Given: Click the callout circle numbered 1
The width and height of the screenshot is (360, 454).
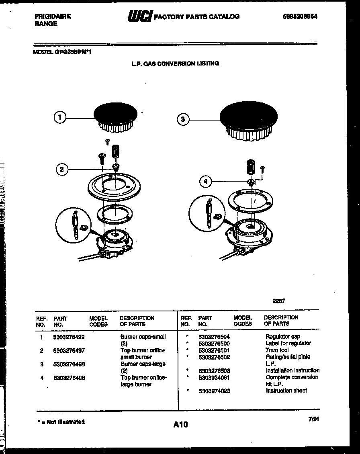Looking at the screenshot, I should (60, 117).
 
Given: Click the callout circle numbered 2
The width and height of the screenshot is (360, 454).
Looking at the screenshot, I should (61, 169).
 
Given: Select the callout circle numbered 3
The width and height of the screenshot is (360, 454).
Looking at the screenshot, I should (183, 119).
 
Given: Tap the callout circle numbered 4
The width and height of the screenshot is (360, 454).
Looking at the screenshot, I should (205, 182).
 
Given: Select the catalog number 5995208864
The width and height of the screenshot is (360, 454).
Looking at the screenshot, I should (303, 16).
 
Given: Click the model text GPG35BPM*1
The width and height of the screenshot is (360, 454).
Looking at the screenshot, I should (74, 51).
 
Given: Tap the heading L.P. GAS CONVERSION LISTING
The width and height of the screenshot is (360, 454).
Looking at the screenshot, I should (175, 63).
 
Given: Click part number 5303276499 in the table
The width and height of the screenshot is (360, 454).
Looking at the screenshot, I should (69, 337).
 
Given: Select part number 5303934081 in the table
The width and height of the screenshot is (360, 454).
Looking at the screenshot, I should (214, 377).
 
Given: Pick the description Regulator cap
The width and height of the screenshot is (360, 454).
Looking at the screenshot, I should (282, 337).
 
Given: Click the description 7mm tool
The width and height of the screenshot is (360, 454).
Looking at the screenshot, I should (277, 350).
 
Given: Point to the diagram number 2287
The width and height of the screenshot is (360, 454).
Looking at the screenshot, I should (278, 301).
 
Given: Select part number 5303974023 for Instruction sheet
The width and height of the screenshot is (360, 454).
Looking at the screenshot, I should (214, 391).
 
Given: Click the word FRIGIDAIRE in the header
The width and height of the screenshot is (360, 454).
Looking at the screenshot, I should (52, 16).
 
